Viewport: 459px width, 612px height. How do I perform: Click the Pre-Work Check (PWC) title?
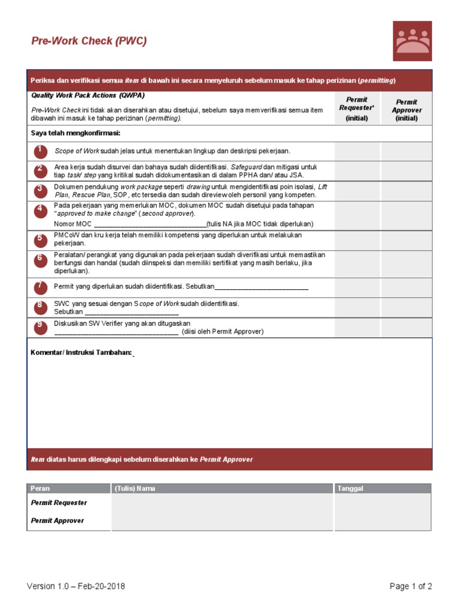tap(89, 41)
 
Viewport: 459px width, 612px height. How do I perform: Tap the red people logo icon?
tap(412, 41)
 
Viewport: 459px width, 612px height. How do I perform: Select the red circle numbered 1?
tap(40, 151)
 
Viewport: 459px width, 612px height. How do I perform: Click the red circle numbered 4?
tap(40, 210)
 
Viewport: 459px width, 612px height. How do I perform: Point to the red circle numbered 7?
tap(40, 287)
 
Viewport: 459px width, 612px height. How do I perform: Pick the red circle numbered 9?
tap(40, 326)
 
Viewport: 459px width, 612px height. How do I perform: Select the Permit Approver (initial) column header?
tap(406, 110)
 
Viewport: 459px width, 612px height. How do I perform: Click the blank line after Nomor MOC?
tap(150, 224)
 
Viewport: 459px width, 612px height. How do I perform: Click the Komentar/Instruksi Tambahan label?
tap(82, 353)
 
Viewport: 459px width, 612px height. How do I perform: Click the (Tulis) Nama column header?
tap(135, 488)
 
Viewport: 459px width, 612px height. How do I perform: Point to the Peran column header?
tap(40, 488)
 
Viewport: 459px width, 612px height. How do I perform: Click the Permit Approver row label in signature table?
tap(57, 521)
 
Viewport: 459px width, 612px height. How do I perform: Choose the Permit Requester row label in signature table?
tap(59, 503)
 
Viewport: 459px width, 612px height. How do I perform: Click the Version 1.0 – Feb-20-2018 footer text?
tap(76, 586)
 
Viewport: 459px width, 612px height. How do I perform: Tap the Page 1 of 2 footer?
tap(411, 586)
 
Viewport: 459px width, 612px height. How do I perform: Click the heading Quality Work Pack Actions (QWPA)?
tap(88, 96)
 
